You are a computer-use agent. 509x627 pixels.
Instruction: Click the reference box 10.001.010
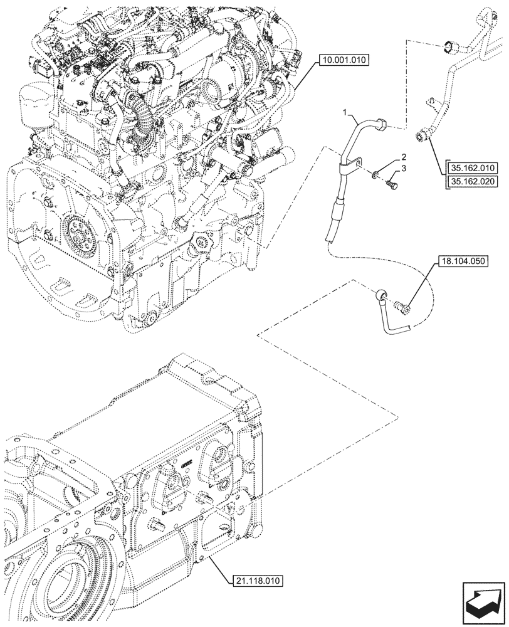coord(344,61)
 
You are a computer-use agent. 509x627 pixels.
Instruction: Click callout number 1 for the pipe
coord(344,113)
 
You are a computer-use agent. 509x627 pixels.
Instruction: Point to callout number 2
coord(404,157)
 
